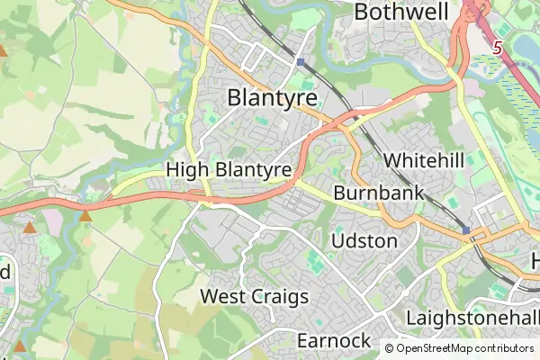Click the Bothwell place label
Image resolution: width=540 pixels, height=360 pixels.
point(400,13)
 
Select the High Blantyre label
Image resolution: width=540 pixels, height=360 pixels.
point(229,169)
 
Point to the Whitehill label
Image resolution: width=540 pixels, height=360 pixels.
point(423,159)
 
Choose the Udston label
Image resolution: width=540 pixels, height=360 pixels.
point(364,241)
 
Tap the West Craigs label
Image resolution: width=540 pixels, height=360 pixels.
point(255,296)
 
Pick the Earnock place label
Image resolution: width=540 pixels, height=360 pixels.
point(333,340)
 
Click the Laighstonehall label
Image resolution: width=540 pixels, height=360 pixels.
point(472,319)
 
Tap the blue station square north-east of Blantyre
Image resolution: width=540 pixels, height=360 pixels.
point(300,63)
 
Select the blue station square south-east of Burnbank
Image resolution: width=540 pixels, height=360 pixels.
point(466,231)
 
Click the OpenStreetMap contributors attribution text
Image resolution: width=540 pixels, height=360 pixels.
point(464,348)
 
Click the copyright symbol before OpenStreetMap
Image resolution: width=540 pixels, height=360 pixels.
point(390,348)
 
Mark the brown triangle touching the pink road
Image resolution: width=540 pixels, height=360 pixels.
point(85,215)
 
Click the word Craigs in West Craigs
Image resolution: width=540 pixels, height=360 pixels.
point(279,296)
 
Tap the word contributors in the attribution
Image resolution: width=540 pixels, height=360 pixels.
point(501,348)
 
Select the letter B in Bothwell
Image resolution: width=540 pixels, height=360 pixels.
point(363,13)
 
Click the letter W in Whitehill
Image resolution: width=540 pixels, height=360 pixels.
point(392,159)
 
